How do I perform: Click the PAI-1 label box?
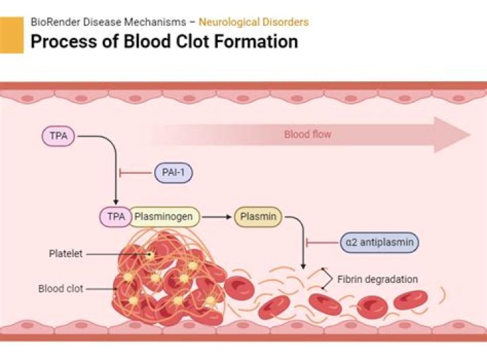(174, 173)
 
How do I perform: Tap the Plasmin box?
(258, 217)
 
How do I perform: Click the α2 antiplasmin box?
(379, 242)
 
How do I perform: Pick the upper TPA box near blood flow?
(60, 136)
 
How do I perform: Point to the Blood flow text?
(308, 135)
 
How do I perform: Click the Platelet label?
(66, 254)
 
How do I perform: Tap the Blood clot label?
(61, 289)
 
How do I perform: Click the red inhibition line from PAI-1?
(135, 173)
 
